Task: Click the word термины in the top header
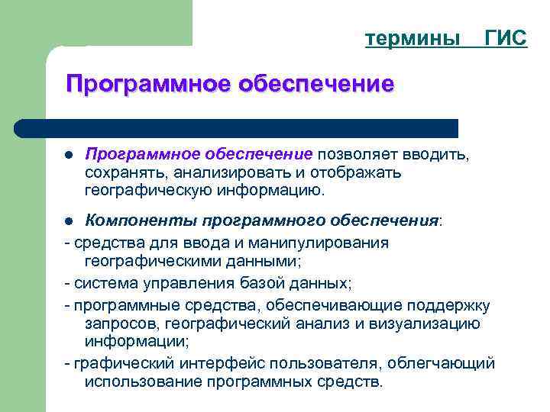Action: pos(412,38)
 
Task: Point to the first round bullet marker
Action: pos(68,156)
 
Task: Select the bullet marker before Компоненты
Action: pos(68,222)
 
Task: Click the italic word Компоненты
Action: pos(141,221)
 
